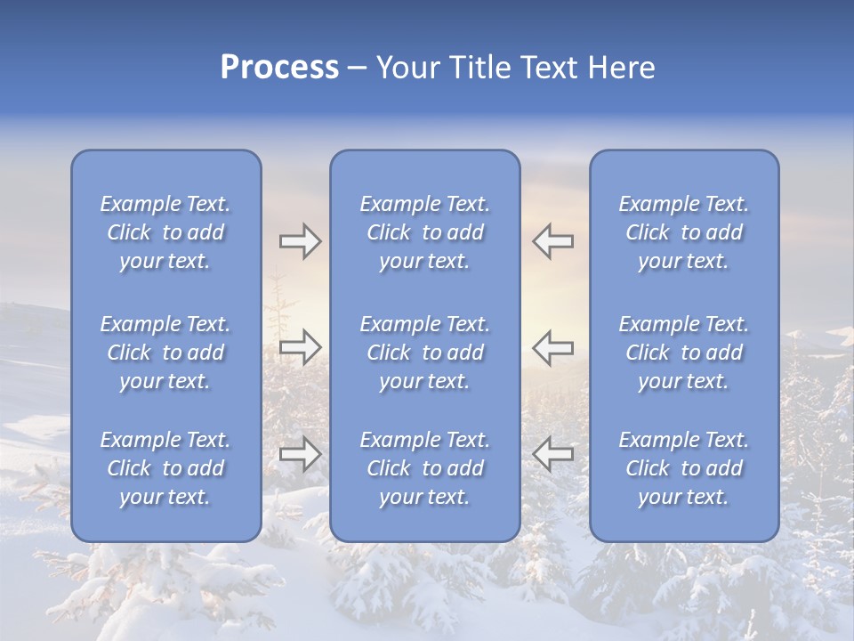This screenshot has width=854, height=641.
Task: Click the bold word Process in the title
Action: click(279, 68)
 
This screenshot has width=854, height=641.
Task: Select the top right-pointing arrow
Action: click(300, 241)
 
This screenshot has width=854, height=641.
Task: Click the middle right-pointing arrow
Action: click(300, 345)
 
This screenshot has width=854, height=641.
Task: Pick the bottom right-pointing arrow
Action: click(300, 454)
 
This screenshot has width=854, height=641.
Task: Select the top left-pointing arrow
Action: click(552, 241)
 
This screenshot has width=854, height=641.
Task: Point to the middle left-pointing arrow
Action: click(552, 345)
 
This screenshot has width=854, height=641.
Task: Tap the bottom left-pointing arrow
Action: click(552, 454)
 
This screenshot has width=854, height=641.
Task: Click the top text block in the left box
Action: click(165, 232)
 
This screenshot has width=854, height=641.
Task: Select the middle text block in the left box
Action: click(165, 353)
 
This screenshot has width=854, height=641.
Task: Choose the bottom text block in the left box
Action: click(165, 468)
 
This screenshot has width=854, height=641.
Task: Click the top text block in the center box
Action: click(424, 232)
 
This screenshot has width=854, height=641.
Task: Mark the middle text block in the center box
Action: click(424, 353)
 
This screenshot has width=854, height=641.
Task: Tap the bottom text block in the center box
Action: click(424, 468)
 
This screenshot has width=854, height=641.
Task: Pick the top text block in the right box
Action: click(683, 232)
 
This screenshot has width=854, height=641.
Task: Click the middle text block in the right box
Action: click(683, 353)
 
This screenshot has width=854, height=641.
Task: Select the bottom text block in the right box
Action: click(683, 468)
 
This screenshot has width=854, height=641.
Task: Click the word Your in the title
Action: click(407, 68)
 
